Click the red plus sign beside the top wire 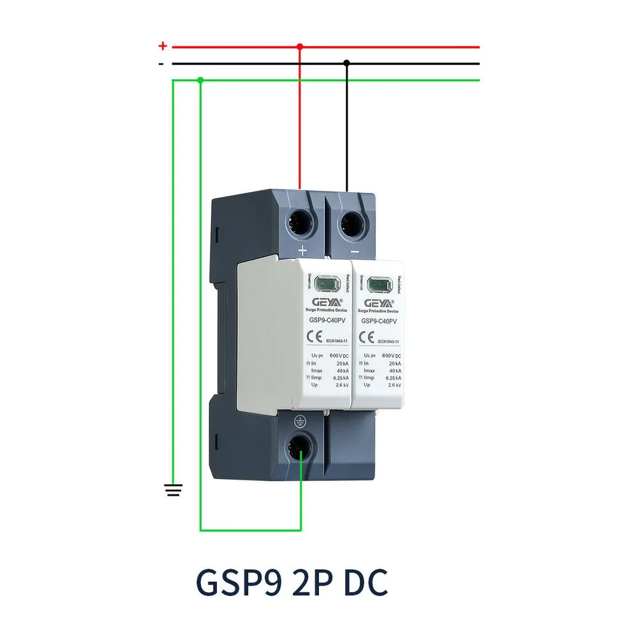[x=163, y=46]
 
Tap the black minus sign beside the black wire [x=162, y=64]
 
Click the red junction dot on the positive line [x=300, y=47]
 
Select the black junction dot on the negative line [x=346, y=63]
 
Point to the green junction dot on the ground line [x=200, y=80]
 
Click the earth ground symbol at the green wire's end [x=174, y=490]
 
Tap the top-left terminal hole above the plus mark [x=300, y=223]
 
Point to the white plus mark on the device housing [x=302, y=250]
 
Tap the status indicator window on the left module [x=327, y=282]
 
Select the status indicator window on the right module [x=380, y=282]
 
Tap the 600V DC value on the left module [x=338, y=355]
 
